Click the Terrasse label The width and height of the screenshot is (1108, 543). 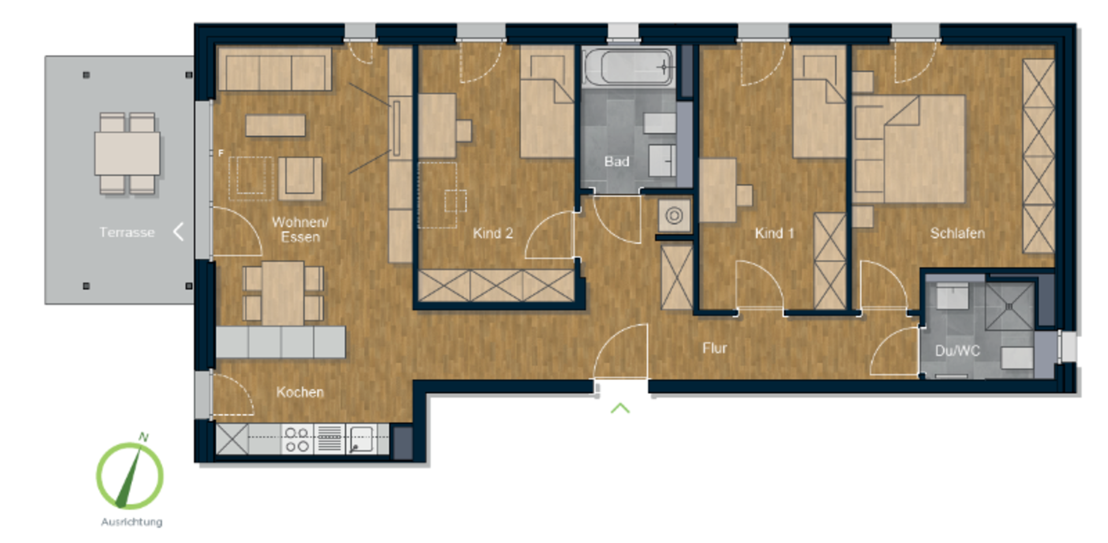(127, 232)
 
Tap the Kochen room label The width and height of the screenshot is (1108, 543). (300, 392)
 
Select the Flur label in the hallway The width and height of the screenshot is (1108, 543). (714, 348)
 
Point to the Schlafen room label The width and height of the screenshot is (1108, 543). (957, 233)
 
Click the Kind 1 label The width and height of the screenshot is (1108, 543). (774, 233)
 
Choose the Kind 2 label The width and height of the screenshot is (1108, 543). (493, 233)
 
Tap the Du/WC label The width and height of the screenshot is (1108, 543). (957, 351)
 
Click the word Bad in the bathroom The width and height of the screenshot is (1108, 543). (616, 162)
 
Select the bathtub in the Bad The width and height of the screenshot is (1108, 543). (628, 67)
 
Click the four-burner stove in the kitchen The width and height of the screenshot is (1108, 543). (297, 440)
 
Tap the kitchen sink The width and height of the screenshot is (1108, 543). (361, 440)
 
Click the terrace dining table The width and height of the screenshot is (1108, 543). (128, 153)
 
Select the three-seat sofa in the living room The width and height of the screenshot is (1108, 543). (275, 69)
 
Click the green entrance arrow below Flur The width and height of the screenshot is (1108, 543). (620, 408)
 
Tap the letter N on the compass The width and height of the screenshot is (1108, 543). (143, 437)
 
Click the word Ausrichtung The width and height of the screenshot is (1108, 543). (132, 522)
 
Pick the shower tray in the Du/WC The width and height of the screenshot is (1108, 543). (1010, 306)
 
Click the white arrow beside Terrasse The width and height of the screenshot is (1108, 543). (178, 232)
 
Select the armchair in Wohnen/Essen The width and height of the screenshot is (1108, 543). (300, 178)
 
